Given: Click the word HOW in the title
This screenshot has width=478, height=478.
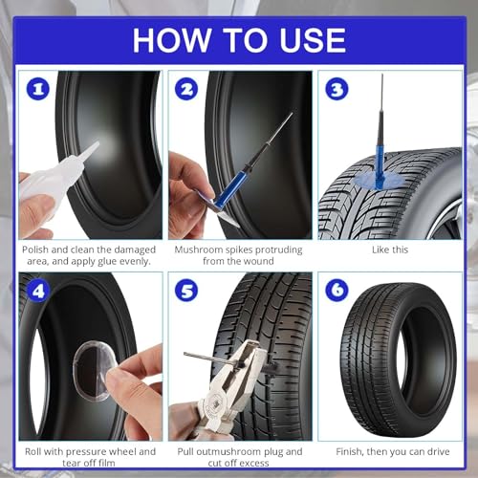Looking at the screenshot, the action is (172, 40).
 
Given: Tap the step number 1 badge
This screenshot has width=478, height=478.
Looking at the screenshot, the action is (38, 89).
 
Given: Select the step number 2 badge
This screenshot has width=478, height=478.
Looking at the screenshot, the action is (186, 89).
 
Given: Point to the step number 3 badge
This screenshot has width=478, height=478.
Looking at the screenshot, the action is (337, 89).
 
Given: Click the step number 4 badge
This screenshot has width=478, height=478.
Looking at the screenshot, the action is (38, 291).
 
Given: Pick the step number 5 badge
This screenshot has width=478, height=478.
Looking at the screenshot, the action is (186, 290).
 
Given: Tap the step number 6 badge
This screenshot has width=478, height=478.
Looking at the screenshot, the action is (337, 290).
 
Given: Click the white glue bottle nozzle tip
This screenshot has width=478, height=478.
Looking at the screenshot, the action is (97, 144).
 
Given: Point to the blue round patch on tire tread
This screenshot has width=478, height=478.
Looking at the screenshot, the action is (378, 181).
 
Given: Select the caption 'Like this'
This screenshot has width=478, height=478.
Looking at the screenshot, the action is (390, 250).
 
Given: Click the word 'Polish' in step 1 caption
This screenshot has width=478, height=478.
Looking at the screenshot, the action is (35, 250).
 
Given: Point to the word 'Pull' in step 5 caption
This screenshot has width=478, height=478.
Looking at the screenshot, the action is (185, 451).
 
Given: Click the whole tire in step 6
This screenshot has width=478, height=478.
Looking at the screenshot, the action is (399, 360).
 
